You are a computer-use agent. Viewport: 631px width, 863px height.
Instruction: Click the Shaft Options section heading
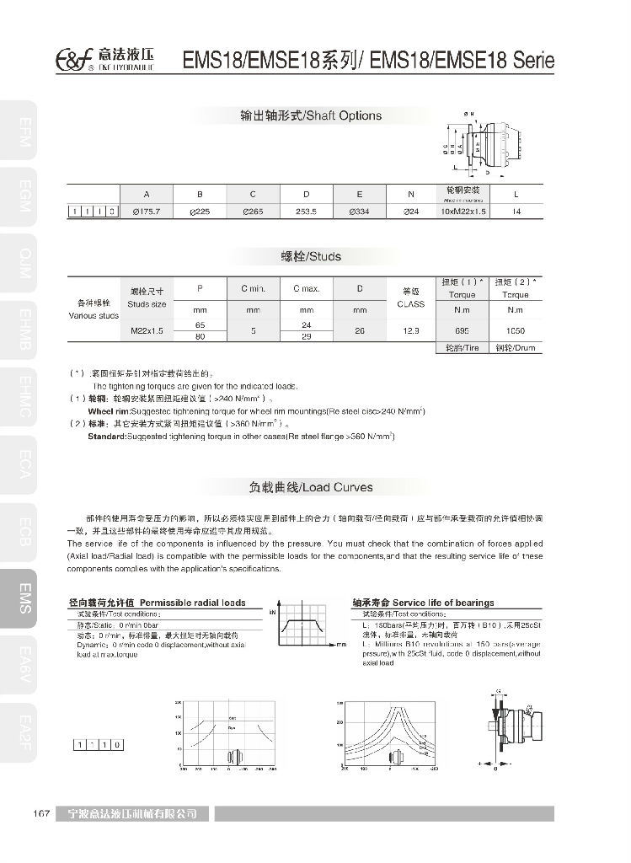point(311,115)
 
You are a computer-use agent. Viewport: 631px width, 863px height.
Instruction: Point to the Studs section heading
point(311,255)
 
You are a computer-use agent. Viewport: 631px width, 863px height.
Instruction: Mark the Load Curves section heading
point(311,487)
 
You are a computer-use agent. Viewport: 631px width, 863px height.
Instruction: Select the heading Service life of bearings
point(423,603)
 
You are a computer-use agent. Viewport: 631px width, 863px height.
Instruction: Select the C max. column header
point(307,289)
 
